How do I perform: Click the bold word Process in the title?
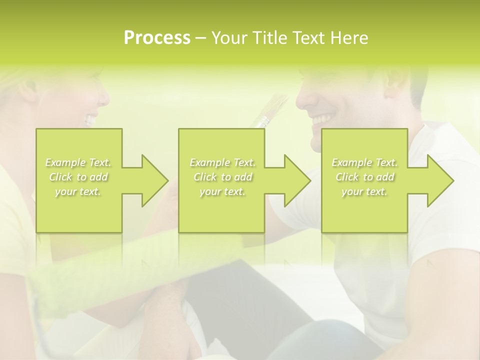point(157,38)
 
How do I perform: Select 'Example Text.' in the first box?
point(78,162)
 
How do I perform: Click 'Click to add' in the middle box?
point(222,177)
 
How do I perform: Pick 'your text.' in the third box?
point(364,191)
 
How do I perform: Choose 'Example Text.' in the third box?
point(364,162)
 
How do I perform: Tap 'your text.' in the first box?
point(78,191)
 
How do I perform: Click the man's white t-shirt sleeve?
point(440,235)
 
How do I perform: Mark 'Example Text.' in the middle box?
point(222,162)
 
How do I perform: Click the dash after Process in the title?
point(200,38)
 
